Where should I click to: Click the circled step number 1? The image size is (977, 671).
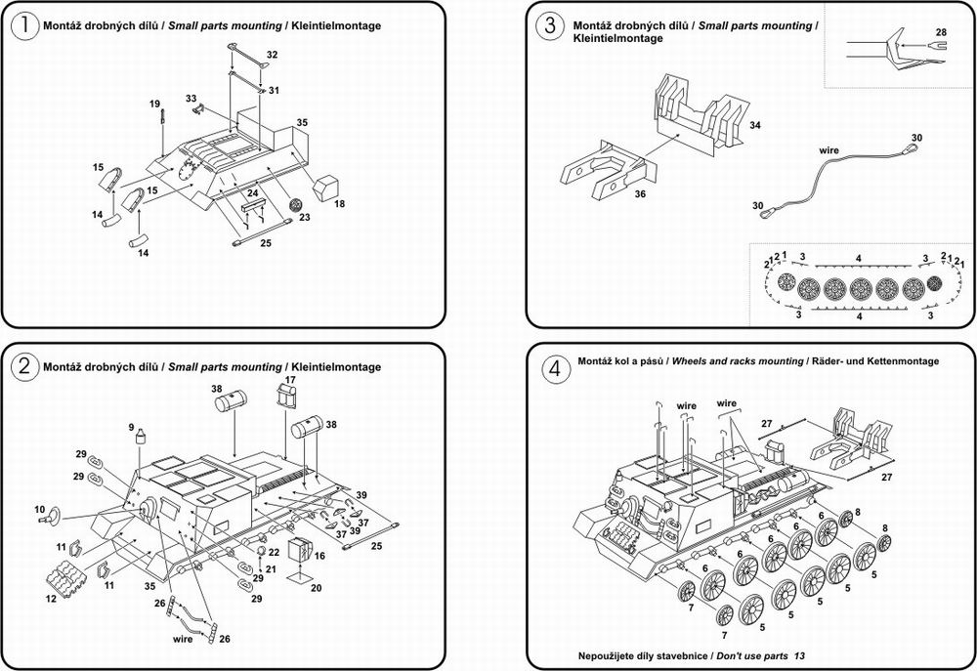(24, 25)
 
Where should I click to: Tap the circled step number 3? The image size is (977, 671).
(549, 25)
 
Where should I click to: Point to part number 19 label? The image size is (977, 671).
(154, 104)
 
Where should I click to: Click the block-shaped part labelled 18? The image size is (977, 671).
(325, 189)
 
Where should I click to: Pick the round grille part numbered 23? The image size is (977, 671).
(296, 204)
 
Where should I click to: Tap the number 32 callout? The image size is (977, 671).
(272, 54)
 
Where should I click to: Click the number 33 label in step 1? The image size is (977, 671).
(191, 99)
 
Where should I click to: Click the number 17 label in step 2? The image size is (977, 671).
(290, 379)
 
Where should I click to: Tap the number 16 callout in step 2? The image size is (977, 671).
(319, 555)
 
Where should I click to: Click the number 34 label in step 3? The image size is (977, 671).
(754, 125)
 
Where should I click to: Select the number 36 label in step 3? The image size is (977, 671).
(640, 193)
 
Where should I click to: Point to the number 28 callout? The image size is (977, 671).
(941, 32)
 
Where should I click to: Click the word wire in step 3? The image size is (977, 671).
(828, 150)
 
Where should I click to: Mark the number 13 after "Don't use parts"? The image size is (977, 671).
(799, 655)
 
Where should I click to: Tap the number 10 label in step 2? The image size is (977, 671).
(40, 510)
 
